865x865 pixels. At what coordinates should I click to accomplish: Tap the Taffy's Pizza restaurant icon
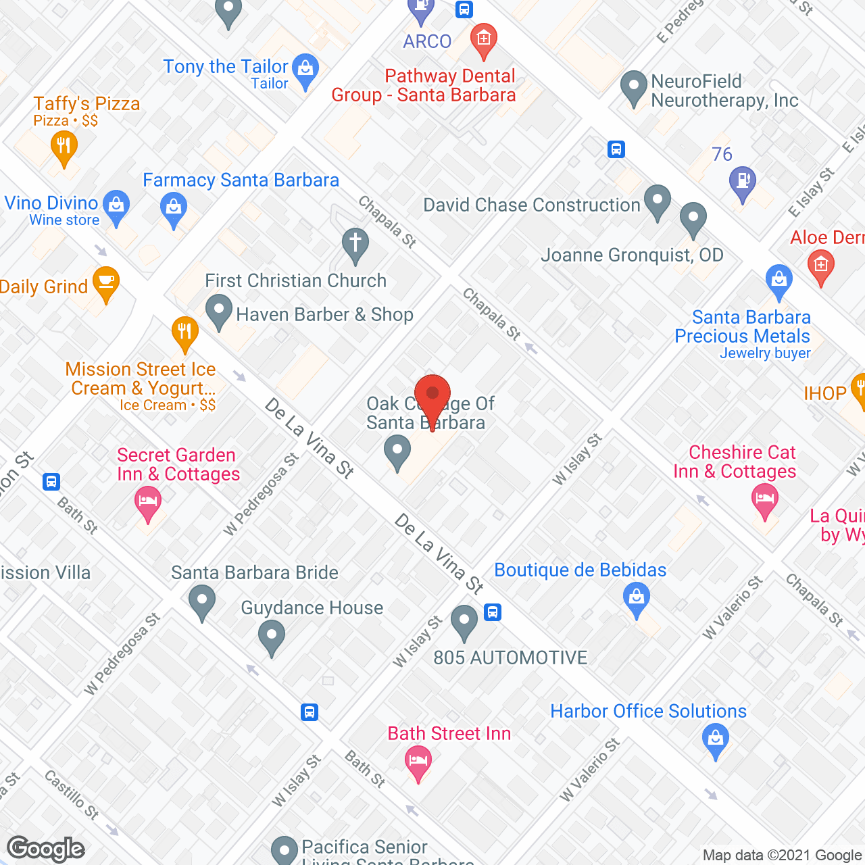tap(64, 146)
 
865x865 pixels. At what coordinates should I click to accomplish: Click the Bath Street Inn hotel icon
tap(418, 762)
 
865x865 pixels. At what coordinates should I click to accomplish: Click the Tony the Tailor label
tap(226, 67)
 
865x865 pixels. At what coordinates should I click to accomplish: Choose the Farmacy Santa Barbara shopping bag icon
tap(174, 207)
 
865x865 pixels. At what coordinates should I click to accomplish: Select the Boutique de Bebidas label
tap(580, 570)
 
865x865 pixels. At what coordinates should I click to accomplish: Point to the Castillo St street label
tap(72, 794)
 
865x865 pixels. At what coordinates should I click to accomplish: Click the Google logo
tap(46, 849)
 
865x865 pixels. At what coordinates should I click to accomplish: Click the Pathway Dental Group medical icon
tap(484, 39)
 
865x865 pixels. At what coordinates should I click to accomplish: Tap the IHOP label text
tap(824, 393)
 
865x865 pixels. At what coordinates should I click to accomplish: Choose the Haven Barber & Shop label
tap(324, 315)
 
